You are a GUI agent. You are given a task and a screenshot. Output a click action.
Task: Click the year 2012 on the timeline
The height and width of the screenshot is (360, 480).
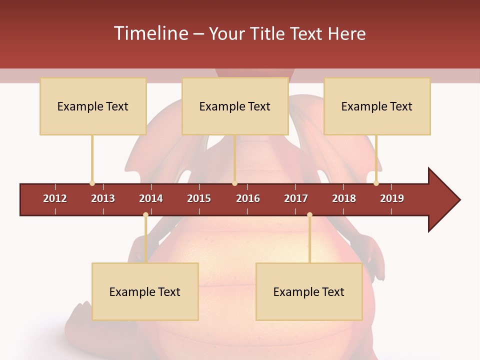tap(55, 198)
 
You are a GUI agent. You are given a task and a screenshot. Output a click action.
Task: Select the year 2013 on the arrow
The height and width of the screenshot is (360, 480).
tap(103, 198)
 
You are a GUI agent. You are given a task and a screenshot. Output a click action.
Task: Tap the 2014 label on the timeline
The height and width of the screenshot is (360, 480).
tap(151, 198)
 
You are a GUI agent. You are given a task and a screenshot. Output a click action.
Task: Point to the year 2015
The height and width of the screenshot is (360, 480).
tap(199, 198)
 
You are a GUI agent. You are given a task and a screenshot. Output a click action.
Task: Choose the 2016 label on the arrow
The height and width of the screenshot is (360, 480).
tap(248, 198)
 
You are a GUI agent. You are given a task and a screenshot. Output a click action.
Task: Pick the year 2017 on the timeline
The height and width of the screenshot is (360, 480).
tap(296, 198)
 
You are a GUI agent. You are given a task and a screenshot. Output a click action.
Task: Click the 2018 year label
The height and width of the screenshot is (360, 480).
tap(344, 198)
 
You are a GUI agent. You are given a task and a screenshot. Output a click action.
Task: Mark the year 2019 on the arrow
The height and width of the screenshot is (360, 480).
tap(392, 198)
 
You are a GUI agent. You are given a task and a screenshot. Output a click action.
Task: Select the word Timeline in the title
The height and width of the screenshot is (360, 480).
tap(150, 33)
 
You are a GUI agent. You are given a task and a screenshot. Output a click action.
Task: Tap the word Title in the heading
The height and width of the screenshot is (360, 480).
tap(267, 33)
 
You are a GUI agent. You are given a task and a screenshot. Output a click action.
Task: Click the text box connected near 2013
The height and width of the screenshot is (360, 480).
tap(93, 106)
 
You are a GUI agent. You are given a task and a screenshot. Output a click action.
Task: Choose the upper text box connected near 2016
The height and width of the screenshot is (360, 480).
tap(235, 106)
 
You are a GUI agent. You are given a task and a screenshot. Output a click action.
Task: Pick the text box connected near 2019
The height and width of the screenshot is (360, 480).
tap(377, 106)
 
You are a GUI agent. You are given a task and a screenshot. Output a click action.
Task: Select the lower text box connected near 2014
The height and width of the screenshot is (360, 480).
tap(145, 291)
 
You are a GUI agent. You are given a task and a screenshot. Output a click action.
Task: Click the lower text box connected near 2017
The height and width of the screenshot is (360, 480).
tap(309, 291)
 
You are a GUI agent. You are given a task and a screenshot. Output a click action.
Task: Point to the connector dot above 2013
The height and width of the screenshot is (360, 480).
tap(92, 183)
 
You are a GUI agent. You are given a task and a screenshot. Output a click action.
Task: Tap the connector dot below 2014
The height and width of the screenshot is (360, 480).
tap(145, 215)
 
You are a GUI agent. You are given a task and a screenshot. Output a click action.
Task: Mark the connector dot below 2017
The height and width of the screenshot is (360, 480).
tap(309, 215)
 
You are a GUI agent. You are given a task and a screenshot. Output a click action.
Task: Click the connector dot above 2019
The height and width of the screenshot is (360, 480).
tap(376, 183)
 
